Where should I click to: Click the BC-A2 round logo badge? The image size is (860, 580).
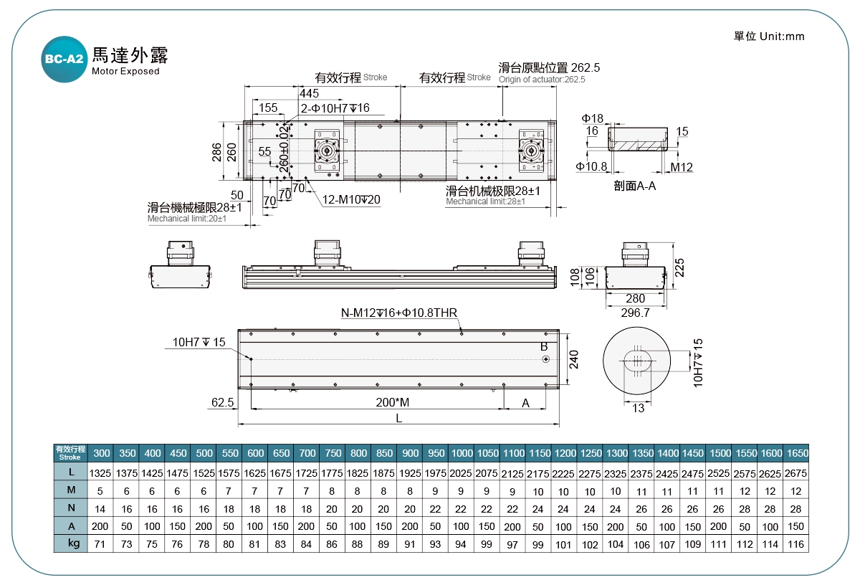point(64,60)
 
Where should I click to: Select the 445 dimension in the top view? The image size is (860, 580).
point(309,94)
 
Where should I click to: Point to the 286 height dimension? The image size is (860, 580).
point(217,152)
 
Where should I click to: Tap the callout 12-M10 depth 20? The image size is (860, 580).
point(351,199)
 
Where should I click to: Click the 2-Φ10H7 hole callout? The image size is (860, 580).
point(335,108)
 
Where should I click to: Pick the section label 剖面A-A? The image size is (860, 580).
point(635,186)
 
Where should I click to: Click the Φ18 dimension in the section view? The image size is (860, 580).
point(592,118)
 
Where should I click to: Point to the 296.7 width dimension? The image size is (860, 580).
point(634,313)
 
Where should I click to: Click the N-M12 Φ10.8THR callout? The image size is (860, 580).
point(399,313)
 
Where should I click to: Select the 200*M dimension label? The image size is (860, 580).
point(392,403)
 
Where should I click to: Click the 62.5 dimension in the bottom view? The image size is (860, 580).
point(223,403)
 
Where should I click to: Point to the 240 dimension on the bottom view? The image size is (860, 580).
point(573,358)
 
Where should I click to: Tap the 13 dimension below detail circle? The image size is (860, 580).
point(638,409)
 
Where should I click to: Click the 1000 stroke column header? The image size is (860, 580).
point(462,453)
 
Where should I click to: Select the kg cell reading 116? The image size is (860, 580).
point(796,545)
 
